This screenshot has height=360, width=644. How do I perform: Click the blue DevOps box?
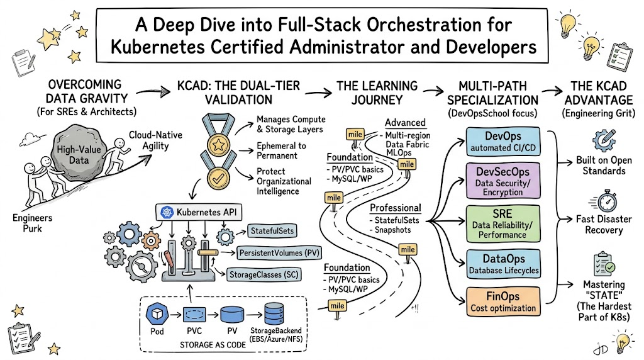[x=503, y=142]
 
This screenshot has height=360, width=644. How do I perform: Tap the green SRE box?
[x=503, y=222]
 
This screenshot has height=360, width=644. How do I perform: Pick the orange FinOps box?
[x=503, y=301]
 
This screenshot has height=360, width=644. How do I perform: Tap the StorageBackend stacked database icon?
[x=275, y=313]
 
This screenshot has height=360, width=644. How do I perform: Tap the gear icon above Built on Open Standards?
[x=604, y=139]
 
